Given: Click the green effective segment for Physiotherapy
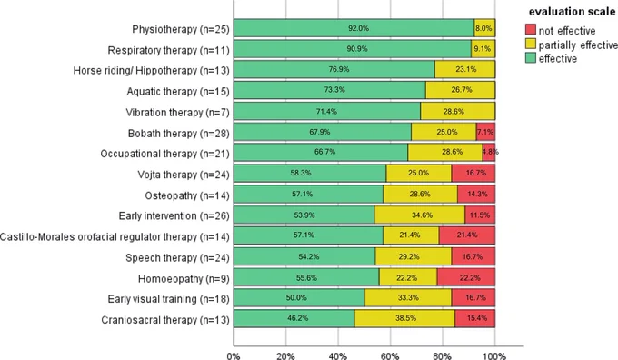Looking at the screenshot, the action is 354,28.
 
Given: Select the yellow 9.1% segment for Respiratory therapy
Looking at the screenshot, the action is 483,49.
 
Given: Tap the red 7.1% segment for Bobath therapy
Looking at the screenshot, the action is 486,132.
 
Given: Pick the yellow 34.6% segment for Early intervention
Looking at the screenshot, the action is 420,215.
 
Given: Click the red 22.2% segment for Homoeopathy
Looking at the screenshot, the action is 466,277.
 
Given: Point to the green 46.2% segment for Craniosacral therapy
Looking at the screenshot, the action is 294,318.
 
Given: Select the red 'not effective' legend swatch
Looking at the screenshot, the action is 531,30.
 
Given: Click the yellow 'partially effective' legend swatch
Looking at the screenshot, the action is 531,44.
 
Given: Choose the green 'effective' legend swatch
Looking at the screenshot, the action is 531,58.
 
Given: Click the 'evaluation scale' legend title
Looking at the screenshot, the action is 572,12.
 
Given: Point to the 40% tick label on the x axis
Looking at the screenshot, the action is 338,356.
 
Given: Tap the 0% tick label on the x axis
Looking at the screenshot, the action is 234,356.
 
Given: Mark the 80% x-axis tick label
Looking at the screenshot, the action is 443,356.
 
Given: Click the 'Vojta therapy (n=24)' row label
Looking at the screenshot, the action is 184,175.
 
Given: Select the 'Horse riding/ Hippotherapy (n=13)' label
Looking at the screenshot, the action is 152,71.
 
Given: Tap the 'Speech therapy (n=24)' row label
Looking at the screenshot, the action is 177,257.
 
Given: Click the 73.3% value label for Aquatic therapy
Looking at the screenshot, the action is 334,90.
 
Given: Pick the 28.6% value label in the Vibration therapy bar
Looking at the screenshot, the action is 454,112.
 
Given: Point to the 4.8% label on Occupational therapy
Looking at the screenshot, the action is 490,152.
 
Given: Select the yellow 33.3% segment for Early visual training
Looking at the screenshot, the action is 408,297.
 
